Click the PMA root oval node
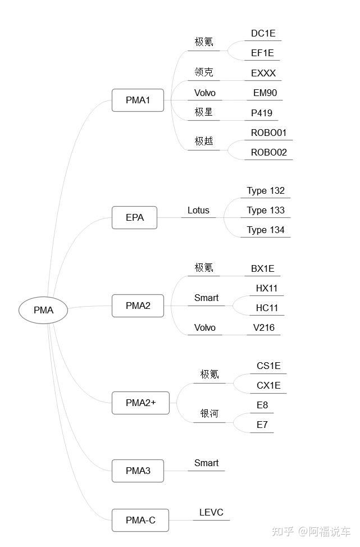click(x=43, y=310)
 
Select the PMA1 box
click(x=138, y=101)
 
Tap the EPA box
click(x=134, y=218)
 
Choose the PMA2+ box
click(x=140, y=403)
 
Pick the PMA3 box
click(x=138, y=471)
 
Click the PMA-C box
click(x=140, y=520)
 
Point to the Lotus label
click(x=198, y=211)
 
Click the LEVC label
click(x=211, y=512)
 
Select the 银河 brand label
click(x=209, y=414)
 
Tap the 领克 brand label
click(x=204, y=72)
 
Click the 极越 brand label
click(x=204, y=141)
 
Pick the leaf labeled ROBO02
click(x=268, y=152)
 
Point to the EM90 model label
click(x=265, y=93)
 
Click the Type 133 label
click(x=266, y=211)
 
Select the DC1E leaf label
click(x=263, y=33)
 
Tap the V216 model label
click(x=263, y=327)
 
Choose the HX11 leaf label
click(x=267, y=288)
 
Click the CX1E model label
click(x=268, y=385)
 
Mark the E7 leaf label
click(x=262, y=425)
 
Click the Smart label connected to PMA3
click(x=206, y=463)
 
